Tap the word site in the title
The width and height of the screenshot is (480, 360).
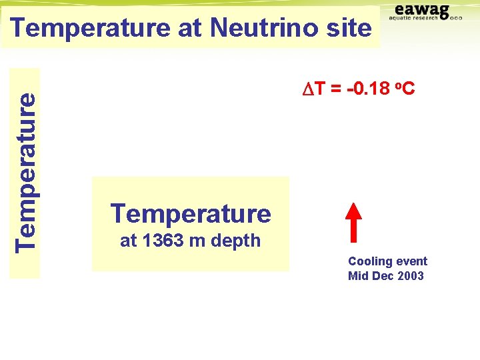348,28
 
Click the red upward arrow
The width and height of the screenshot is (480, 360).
354,219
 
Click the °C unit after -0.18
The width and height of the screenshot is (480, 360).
405,88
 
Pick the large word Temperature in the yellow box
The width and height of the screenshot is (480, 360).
191,213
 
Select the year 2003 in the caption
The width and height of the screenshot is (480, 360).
410,276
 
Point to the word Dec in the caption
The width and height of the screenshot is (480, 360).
383,276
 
